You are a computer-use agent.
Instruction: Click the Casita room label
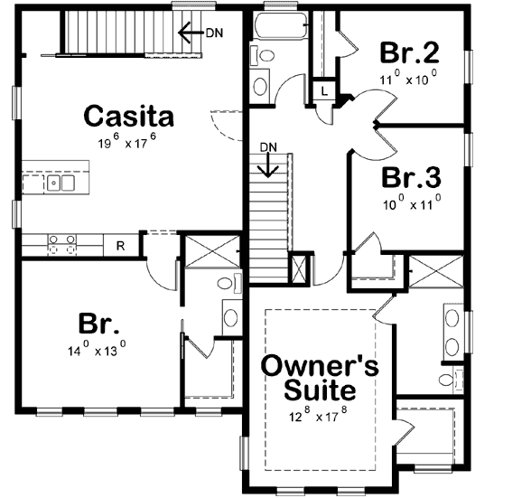click(128, 117)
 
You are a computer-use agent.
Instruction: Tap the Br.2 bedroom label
click(407, 51)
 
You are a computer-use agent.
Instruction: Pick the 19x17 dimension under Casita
click(129, 141)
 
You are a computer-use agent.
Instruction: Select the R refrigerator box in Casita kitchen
click(118, 243)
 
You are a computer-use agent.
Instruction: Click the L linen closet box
click(324, 90)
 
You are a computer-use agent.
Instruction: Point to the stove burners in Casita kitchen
click(61, 242)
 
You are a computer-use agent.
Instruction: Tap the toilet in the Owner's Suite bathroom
click(452, 377)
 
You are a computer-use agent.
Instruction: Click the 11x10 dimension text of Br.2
click(408, 79)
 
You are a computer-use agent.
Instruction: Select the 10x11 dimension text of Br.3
click(411, 201)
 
